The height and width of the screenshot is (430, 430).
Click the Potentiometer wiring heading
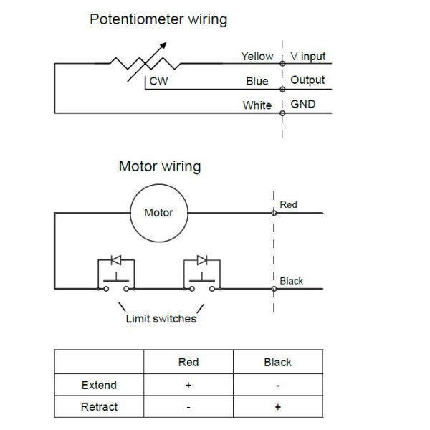click(x=158, y=19)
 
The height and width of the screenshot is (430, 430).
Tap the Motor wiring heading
click(x=159, y=167)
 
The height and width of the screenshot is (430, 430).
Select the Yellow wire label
click(x=257, y=57)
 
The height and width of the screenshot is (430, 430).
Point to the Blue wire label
click(x=257, y=81)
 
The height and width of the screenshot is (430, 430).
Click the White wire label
click(x=257, y=105)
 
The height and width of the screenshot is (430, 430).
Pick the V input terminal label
click(x=308, y=57)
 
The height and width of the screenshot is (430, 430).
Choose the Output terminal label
click(x=307, y=80)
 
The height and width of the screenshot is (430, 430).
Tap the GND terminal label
click(x=302, y=105)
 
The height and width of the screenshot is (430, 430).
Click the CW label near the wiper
click(x=158, y=82)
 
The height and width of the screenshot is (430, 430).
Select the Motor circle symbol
click(x=158, y=213)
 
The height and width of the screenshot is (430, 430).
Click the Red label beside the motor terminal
click(x=288, y=205)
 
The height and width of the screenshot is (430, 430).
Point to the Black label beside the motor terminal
click(x=291, y=281)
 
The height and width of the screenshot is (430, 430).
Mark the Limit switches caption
click(x=161, y=318)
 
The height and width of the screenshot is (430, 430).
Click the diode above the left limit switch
click(x=115, y=259)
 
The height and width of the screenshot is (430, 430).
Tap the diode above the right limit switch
click(x=202, y=259)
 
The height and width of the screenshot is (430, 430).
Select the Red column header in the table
click(x=188, y=362)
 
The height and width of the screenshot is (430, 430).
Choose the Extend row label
click(x=99, y=385)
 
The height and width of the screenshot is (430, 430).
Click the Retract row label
click(x=99, y=407)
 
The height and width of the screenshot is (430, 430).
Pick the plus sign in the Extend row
click(x=188, y=385)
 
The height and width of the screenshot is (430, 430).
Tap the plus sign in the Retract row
click(x=277, y=407)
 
